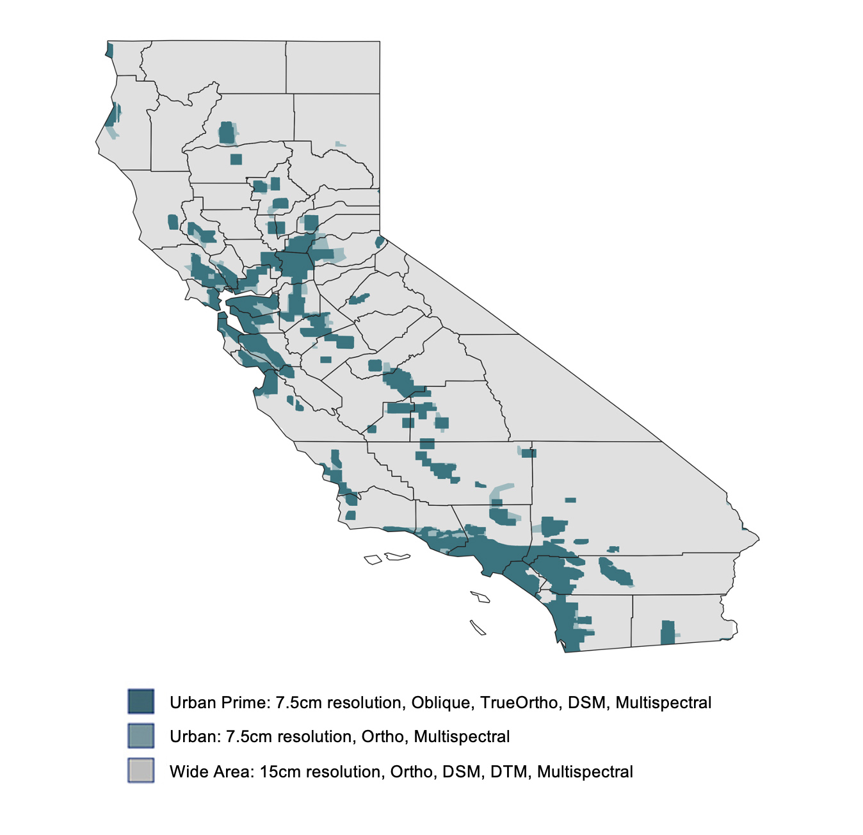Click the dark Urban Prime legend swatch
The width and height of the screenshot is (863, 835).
click(x=141, y=701)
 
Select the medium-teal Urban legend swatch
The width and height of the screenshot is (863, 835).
click(x=141, y=736)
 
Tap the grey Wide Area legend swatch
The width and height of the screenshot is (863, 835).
click(x=141, y=770)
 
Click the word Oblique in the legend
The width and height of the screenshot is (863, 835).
click(x=440, y=702)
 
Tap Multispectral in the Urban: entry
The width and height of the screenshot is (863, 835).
click(x=462, y=737)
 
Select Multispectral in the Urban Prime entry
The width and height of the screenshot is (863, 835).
click(x=663, y=702)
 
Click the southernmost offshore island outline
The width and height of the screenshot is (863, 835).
click(x=478, y=628)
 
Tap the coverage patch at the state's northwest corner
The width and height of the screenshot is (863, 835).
click(x=109, y=50)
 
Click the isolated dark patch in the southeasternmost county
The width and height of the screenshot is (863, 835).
click(x=668, y=632)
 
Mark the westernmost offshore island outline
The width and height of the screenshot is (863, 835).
click(x=373, y=560)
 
